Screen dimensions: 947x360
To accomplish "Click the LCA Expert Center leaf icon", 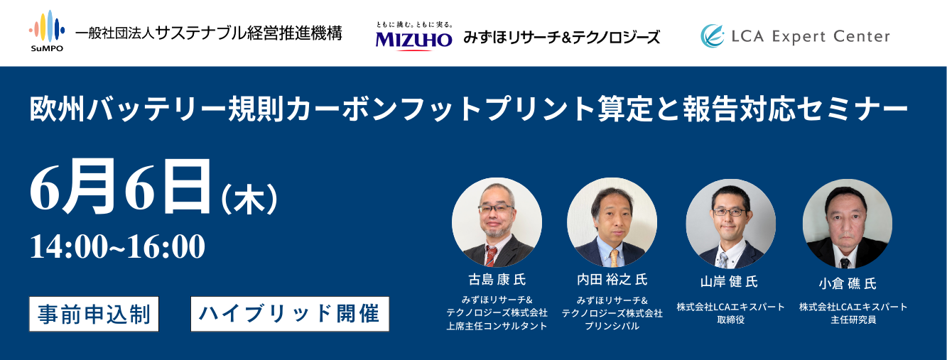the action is (x=712, y=36).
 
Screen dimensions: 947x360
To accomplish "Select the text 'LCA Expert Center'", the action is (x=811, y=36).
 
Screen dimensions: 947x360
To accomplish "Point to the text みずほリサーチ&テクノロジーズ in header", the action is (x=561, y=38).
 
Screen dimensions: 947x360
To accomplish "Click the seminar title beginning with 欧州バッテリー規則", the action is (x=469, y=109).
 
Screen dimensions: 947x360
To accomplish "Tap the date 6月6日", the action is (x=121, y=187).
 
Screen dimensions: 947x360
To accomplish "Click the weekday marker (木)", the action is (x=250, y=199).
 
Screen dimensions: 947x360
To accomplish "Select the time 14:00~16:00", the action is (x=117, y=246).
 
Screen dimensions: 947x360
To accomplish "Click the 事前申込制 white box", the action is (x=94, y=314).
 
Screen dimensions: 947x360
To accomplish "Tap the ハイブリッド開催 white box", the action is (x=290, y=314).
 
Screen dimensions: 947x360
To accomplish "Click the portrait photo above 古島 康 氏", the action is (x=497, y=222).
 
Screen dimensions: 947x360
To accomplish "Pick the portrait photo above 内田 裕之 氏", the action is (x=612, y=222).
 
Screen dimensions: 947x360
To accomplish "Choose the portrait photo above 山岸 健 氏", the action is (x=730, y=224).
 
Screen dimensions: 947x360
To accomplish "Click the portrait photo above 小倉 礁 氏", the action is (x=848, y=224).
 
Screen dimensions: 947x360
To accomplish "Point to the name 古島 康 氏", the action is (x=497, y=280).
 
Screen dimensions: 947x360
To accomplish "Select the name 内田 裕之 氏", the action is (x=612, y=280).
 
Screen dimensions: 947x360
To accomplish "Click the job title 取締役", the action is (x=730, y=320).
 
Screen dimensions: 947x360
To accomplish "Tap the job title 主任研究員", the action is (x=853, y=320).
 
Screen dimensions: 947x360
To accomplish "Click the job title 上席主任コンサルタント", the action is (x=497, y=326).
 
